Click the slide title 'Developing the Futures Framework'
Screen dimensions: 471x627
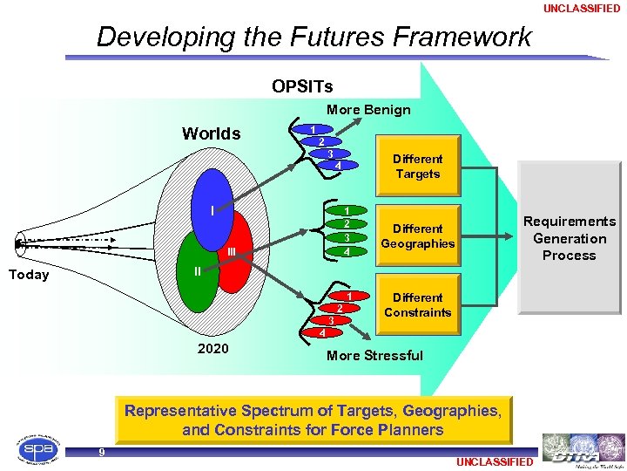pos(313,37)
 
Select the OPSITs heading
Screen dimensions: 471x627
pos(302,86)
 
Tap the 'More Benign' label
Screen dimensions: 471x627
pos(367,110)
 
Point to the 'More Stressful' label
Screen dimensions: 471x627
pos(374,355)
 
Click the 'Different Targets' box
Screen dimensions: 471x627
pos(417,167)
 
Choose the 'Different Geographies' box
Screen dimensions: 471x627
pos(417,236)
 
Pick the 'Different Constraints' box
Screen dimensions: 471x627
pos(417,305)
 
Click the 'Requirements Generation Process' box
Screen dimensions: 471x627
pos(569,238)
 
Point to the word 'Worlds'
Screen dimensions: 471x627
pos(211,133)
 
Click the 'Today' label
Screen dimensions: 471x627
pos(28,275)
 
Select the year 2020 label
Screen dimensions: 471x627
pos(213,349)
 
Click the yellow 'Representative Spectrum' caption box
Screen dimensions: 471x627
pos(313,420)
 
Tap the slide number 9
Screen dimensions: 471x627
pos(102,452)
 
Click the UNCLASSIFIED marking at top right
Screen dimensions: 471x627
pos(582,9)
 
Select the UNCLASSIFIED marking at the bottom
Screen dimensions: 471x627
pos(494,461)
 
